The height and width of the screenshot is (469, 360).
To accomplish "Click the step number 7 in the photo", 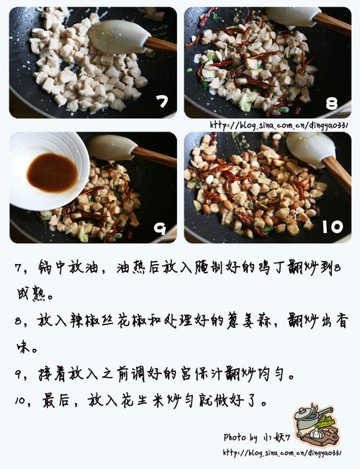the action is [162, 101].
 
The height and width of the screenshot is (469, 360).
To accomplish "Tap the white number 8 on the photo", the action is [331, 103].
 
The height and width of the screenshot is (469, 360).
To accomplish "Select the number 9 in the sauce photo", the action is [160, 229].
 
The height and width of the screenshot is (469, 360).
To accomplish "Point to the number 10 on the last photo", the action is [333, 227].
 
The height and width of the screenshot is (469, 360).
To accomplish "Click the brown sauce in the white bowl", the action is [53, 173].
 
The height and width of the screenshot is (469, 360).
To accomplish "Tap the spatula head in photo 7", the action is [119, 37].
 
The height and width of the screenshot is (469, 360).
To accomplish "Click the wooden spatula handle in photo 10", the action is [337, 174].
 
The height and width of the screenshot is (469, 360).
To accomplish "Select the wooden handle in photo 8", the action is [333, 23].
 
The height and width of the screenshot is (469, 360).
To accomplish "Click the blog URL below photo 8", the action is [279, 125].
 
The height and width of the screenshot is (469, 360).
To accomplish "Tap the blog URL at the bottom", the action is [282, 452].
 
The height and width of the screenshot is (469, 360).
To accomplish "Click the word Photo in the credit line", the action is [235, 437].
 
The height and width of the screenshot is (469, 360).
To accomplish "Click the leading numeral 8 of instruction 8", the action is [19, 322].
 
